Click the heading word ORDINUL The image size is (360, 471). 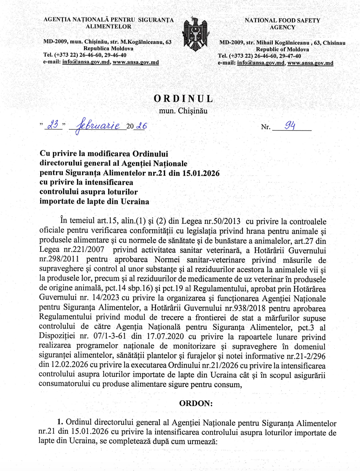183,99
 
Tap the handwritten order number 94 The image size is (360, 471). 290,125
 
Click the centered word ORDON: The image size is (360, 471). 196,403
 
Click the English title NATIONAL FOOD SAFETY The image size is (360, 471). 282,21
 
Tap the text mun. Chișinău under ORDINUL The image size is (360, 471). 183,111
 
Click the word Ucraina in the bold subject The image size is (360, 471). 135,201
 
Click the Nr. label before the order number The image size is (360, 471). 265,127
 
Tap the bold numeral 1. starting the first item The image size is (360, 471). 60,422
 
